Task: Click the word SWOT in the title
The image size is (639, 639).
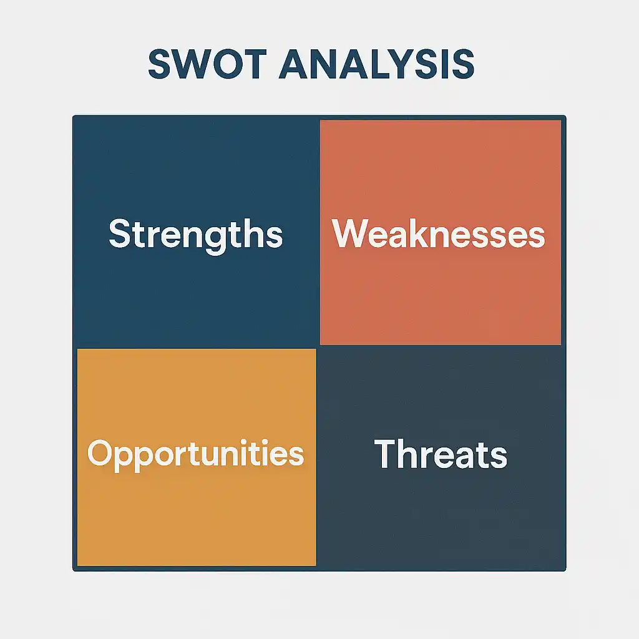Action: click(x=207, y=64)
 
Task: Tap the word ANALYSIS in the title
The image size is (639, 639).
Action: click(x=376, y=64)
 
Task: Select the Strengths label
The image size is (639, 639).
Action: click(x=195, y=235)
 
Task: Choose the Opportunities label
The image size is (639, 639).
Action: click(x=195, y=454)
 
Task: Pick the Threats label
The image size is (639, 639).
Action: click(x=441, y=454)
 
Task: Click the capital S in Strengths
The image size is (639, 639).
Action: click(x=119, y=233)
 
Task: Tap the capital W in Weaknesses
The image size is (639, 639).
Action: click(x=351, y=233)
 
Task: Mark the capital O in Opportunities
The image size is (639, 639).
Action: click(x=100, y=453)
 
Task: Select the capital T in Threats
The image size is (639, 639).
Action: click(x=386, y=454)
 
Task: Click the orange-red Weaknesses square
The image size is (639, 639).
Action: click(x=441, y=233)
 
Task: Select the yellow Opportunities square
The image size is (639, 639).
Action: click(x=197, y=457)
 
